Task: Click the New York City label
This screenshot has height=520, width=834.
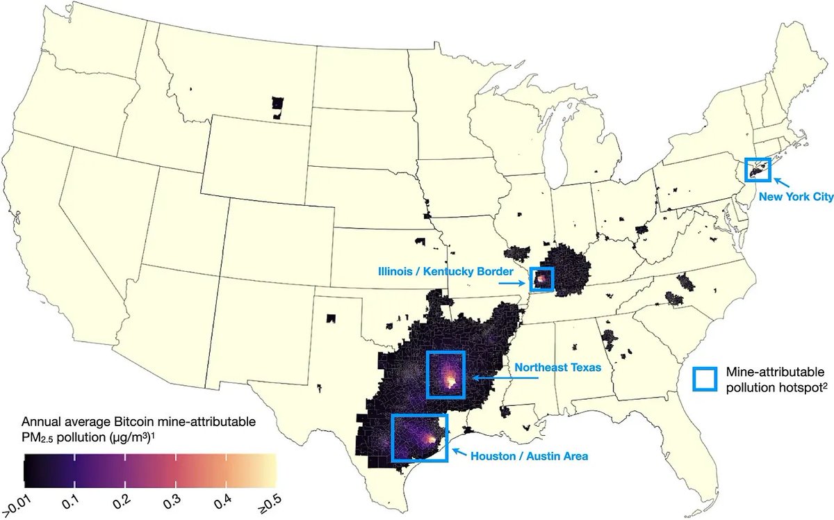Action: tap(795, 197)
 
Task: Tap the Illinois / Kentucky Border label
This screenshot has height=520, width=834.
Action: tap(445, 270)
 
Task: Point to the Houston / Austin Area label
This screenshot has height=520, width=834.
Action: tap(529, 457)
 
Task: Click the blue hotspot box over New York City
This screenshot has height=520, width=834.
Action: tap(757, 169)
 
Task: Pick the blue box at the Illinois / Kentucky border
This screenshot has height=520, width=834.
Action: tap(541, 279)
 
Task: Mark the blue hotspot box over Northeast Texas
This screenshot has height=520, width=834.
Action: tap(445, 375)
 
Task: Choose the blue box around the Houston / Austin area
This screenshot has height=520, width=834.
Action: tap(420, 438)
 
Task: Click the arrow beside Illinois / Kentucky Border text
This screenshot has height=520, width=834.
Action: tap(515, 284)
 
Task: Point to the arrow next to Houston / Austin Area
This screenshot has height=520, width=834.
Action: tap(458, 453)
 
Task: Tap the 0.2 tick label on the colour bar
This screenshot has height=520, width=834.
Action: tap(122, 500)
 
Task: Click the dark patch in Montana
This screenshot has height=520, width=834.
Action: tap(277, 106)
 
